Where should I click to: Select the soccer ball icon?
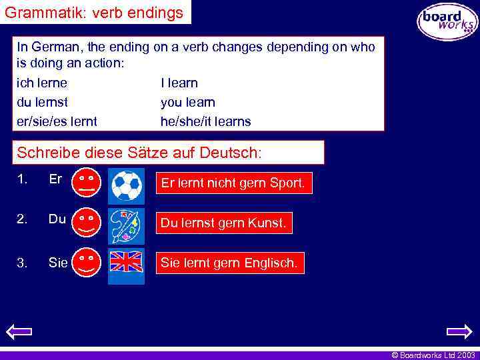pyautogui.click(x=126, y=185)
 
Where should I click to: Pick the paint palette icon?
pyautogui.click(x=126, y=223)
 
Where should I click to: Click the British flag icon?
pyautogui.click(x=126, y=262)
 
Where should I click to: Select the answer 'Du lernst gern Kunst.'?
pyautogui.click(x=224, y=223)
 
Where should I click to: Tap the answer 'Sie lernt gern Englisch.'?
pyautogui.click(x=229, y=263)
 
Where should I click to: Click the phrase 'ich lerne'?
pyautogui.click(x=42, y=83)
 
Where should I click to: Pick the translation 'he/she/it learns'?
pyautogui.click(x=206, y=122)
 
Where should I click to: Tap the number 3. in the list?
pyautogui.click(x=23, y=263)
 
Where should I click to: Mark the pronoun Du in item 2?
pyautogui.click(x=57, y=219)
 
